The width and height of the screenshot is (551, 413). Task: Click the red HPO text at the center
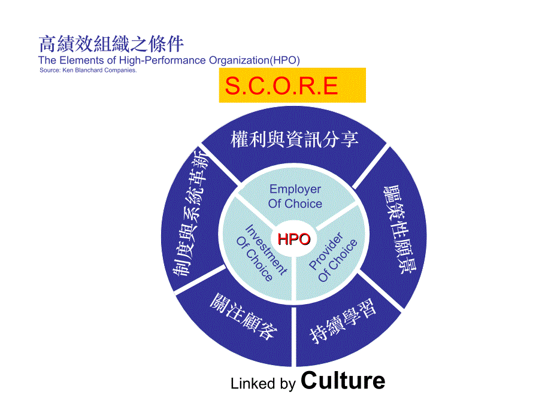pyautogui.click(x=294, y=239)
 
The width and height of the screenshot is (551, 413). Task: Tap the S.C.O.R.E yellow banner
pyautogui.click(x=292, y=86)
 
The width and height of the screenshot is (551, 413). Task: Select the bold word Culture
pyautogui.click(x=343, y=381)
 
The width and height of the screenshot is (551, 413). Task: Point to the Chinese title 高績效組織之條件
pyautogui.click(x=111, y=44)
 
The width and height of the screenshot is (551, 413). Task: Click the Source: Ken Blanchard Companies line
pyautogui.click(x=88, y=70)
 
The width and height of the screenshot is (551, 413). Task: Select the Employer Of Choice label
pyautogui.click(x=295, y=196)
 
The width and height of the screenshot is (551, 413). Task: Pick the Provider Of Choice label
pyautogui.click(x=333, y=257)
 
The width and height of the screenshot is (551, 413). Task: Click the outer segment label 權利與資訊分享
pyautogui.click(x=295, y=139)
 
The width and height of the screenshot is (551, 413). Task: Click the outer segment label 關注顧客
pyautogui.click(x=244, y=317)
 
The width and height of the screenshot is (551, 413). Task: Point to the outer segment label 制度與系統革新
pyautogui.click(x=191, y=213)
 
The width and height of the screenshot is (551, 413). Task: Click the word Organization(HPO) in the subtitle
pyautogui.click(x=255, y=60)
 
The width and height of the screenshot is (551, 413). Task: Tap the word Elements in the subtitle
pyautogui.click(x=81, y=60)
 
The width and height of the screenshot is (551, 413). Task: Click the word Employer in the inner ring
pyautogui.click(x=295, y=189)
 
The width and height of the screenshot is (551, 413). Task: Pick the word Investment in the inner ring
pyautogui.click(x=266, y=250)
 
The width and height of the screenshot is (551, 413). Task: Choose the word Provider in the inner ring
pyautogui.click(x=326, y=251)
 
